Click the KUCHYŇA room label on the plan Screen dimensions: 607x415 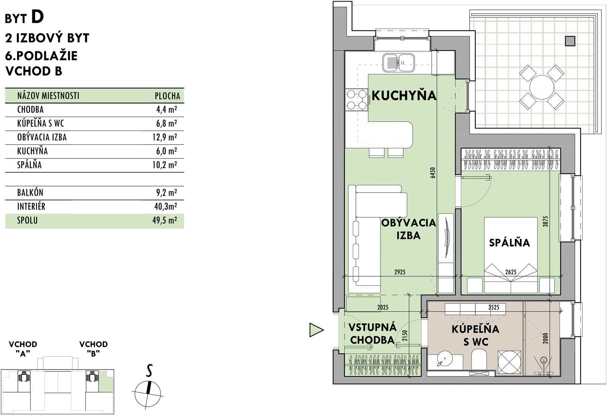(x=404, y=95)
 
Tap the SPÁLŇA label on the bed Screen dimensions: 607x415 (x=510, y=242)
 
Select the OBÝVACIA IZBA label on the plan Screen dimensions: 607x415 (x=409, y=229)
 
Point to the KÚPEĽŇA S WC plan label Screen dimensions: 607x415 (x=476, y=335)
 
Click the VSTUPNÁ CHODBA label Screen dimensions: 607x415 (x=372, y=334)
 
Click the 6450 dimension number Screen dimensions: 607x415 (x=433, y=172)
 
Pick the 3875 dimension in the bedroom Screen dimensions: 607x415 (x=546, y=221)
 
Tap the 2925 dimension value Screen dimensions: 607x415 (x=400, y=272)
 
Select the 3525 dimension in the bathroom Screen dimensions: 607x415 (x=494, y=307)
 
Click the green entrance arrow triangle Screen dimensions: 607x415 (x=316, y=330)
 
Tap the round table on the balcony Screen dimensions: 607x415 (x=542, y=87)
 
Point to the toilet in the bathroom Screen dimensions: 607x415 (x=479, y=360)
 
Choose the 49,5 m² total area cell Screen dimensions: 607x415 (x=165, y=220)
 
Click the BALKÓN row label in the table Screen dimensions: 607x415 (x=30, y=193)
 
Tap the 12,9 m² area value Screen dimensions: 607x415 (x=165, y=137)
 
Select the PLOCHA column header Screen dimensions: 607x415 (x=167, y=96)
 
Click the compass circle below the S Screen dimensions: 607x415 (x=148, y=394)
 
